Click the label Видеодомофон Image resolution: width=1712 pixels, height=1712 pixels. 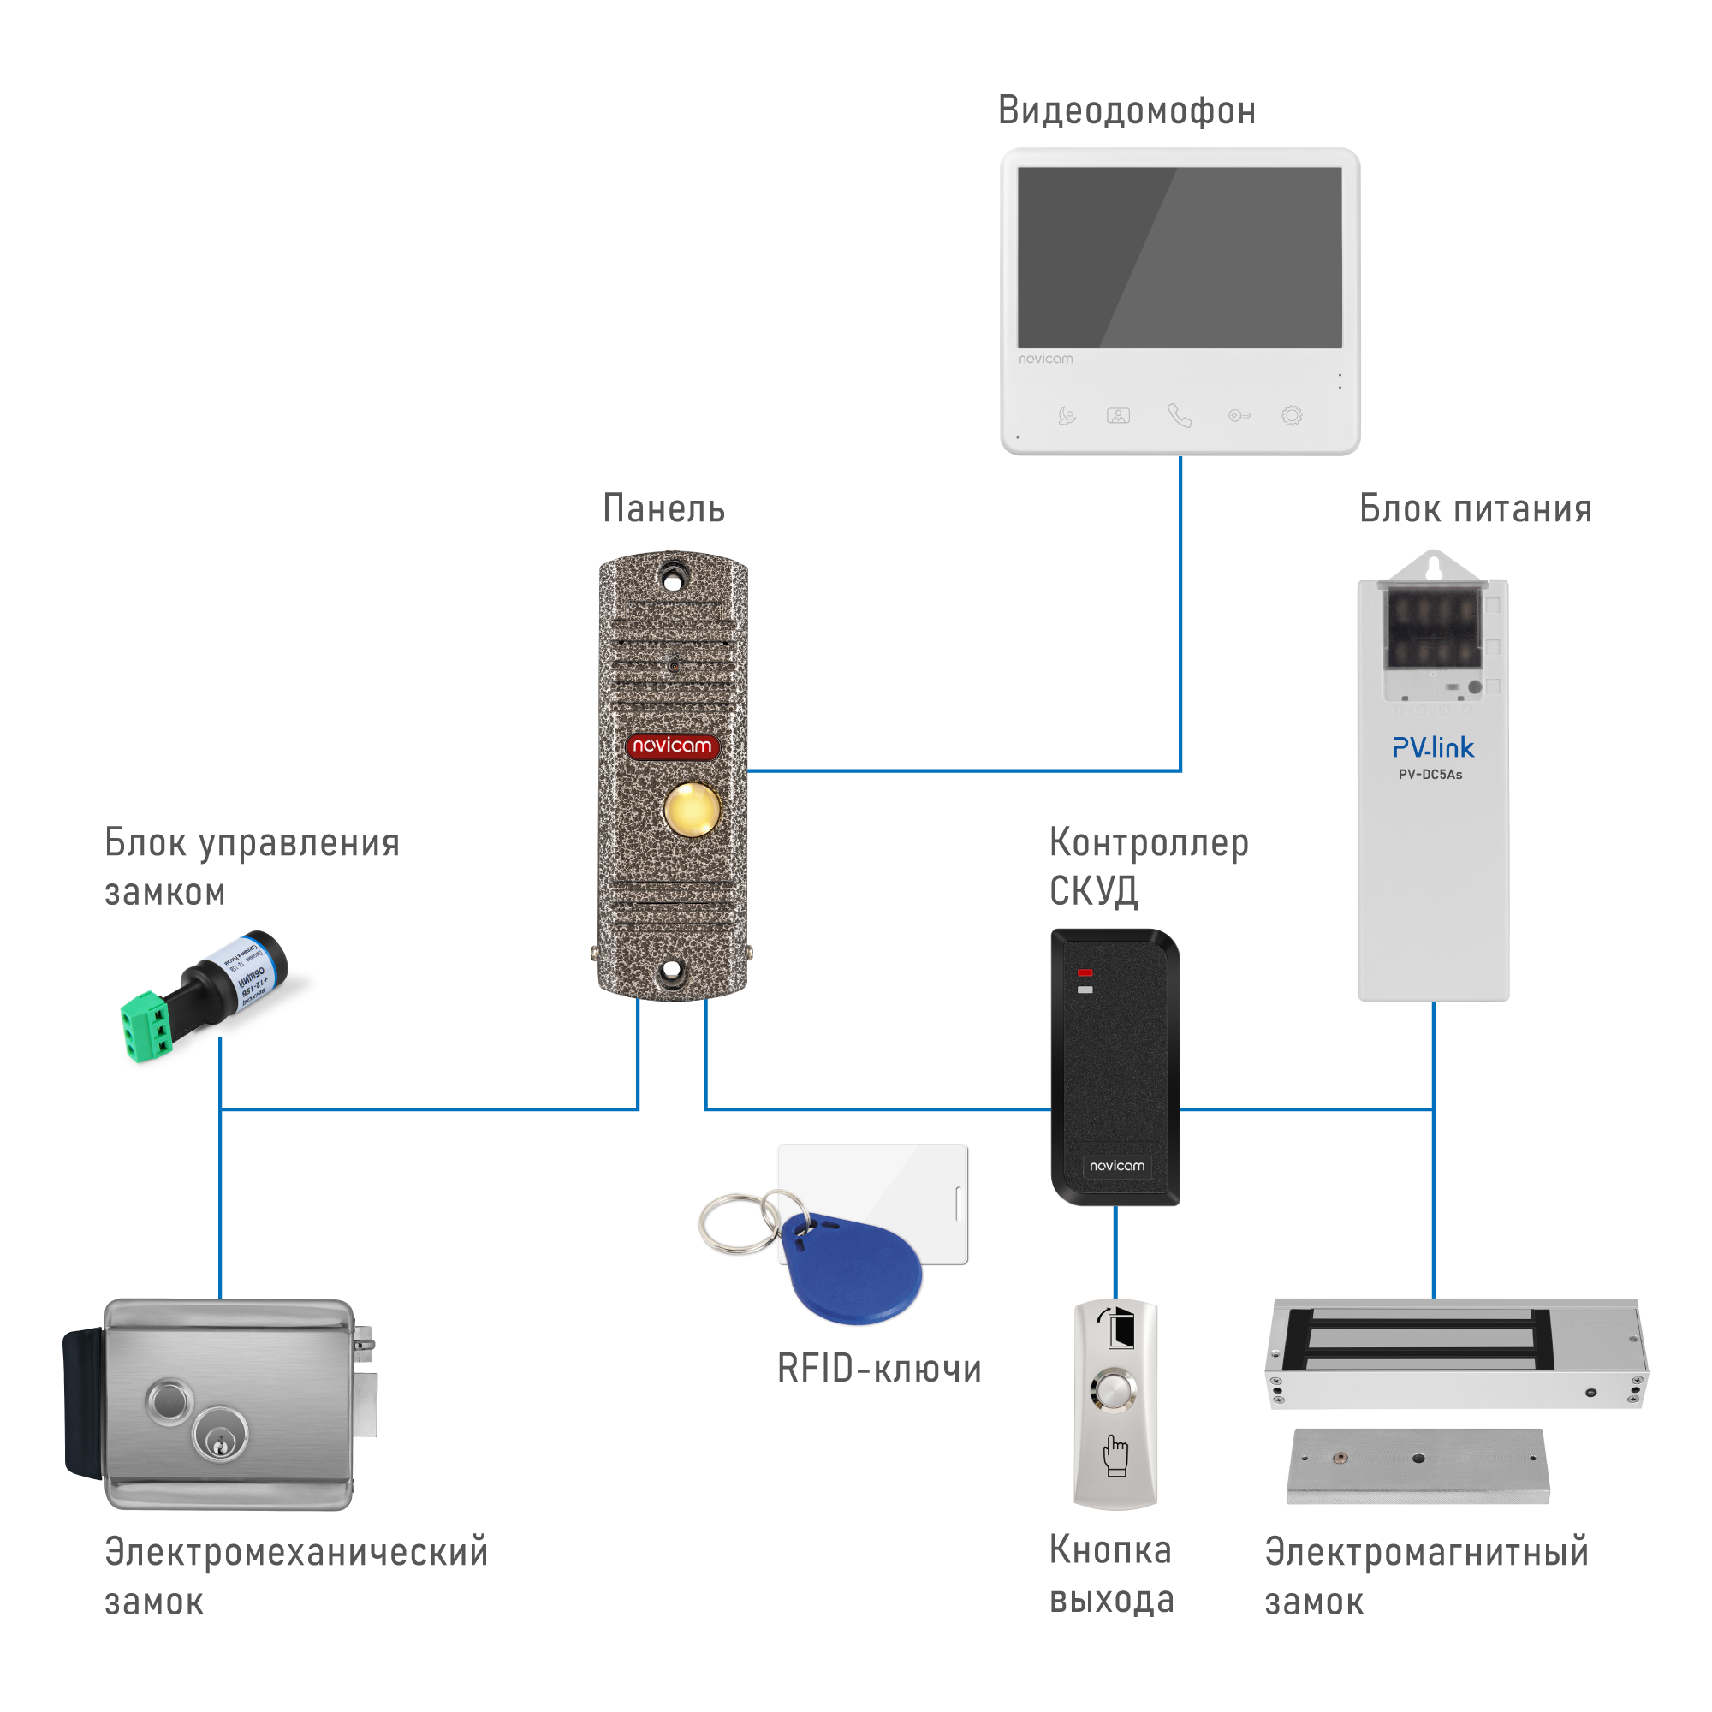click(1126, 111)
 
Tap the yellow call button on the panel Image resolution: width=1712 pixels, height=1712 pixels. click(692, 808)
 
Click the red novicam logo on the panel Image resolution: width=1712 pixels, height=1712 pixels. click(673, 746)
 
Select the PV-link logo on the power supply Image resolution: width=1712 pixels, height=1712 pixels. click(1433, 748)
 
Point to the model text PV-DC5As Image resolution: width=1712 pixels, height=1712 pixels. click(1430, 775)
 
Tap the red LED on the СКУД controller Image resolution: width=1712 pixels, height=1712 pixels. click(1085, 973)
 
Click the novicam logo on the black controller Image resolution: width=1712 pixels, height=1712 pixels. click(1116, 1166)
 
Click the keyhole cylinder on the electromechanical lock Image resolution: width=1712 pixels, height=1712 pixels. click(217, 1436)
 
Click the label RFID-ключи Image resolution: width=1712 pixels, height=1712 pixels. click(879, 1369)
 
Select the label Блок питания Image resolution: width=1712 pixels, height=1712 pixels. click(1476, 510)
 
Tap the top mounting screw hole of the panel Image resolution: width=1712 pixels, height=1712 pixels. click(674, 580)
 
